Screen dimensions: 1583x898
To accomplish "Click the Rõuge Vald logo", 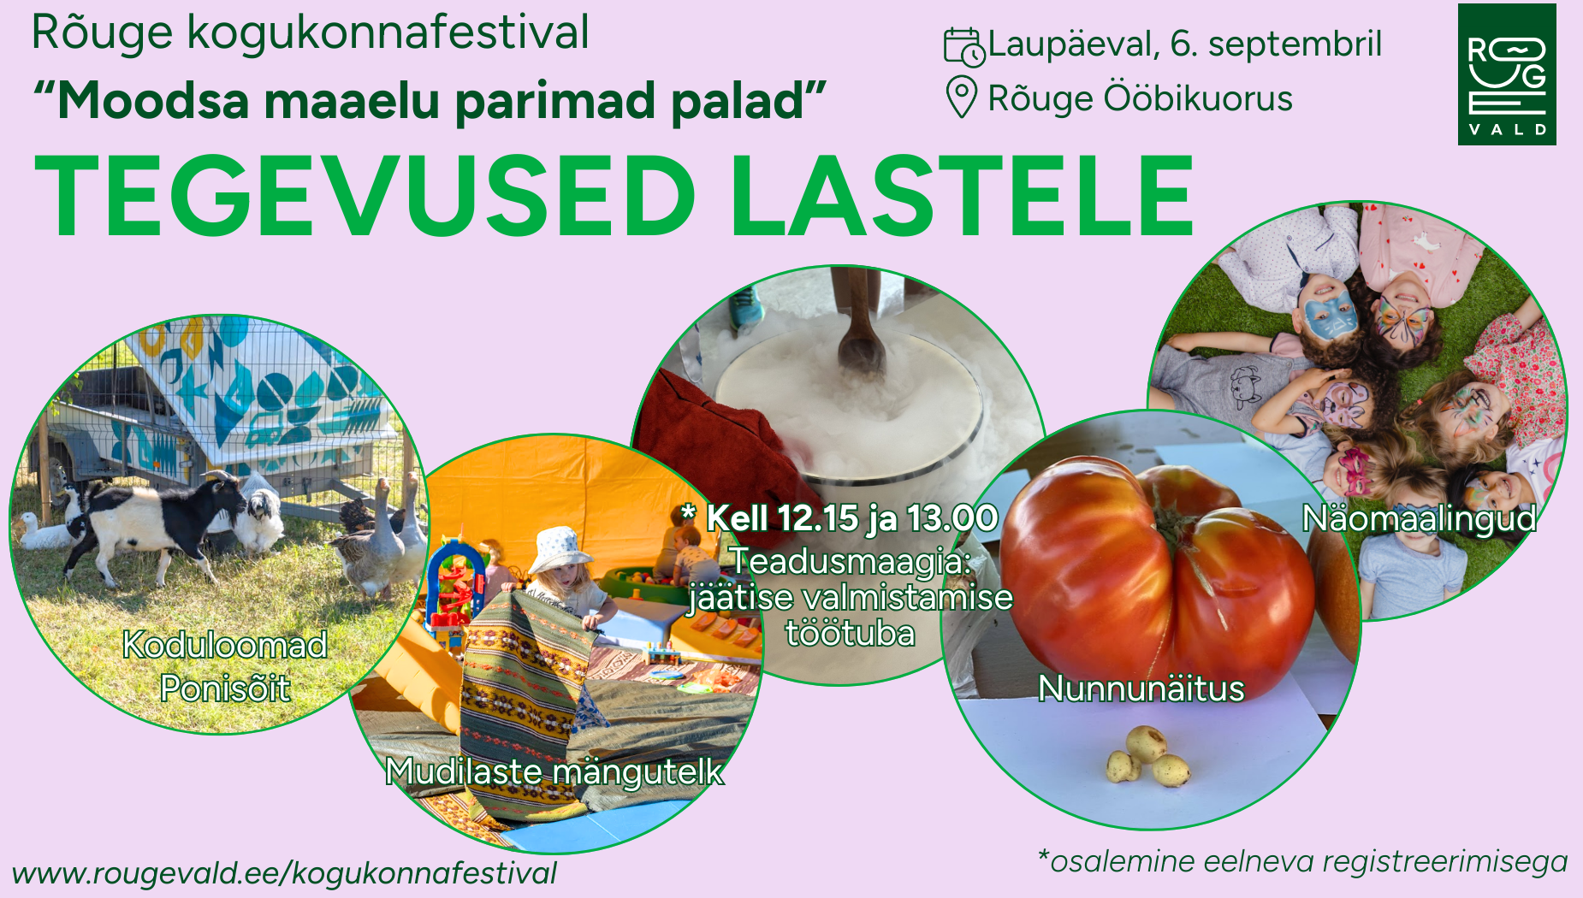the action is pos(1507,74).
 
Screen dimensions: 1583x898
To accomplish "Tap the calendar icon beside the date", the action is pos(964,46).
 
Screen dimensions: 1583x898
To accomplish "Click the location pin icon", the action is pos(961,97).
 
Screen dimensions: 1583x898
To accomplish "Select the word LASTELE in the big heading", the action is pos(962,196).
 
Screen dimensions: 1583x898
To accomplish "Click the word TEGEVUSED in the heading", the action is pos(365,196).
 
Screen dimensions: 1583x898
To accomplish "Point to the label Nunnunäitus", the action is pos(1141,688).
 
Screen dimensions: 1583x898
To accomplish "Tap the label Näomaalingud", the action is pos(1419,519).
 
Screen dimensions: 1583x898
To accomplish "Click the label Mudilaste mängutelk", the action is pos(554,771).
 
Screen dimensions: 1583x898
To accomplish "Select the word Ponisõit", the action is pos(225,688).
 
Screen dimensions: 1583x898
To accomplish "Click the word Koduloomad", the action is pos(225,645).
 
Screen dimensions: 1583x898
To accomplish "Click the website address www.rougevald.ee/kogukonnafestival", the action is pos(284,873).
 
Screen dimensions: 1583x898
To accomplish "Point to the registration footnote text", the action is pos(1301,862).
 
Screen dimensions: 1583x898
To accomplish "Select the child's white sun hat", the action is pos(560,548).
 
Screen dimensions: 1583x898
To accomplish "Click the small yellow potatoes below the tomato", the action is pos(1147,756).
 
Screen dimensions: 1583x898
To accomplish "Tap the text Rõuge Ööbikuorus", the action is pos(1140,98).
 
